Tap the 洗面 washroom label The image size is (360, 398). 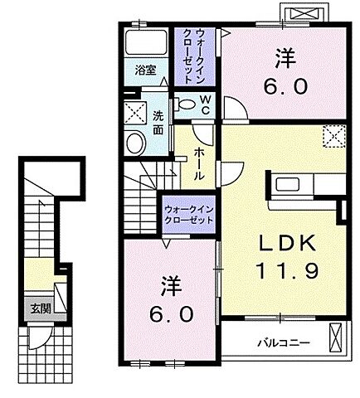pyautogui.click(x=158, y=121)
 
